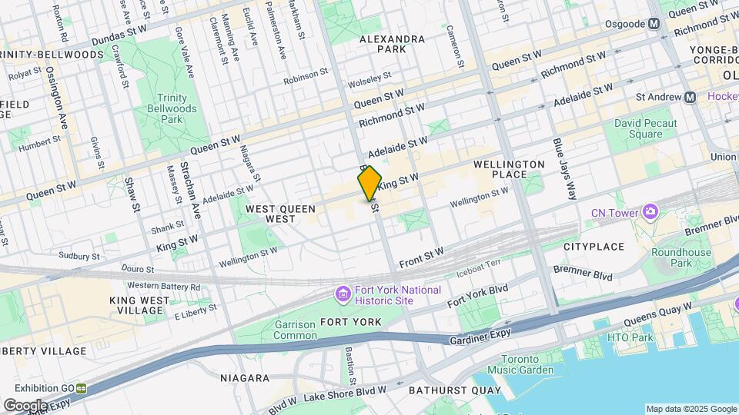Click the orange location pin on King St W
pos(369,184)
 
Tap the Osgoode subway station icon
pos(654,24)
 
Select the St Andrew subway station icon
pos(690,97)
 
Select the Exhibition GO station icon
pos(80,388)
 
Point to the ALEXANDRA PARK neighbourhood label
pos(392,44)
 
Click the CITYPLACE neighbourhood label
pos(594,247)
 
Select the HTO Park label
pos(630,337)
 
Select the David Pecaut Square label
pos(645,128)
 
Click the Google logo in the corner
pos(25,405)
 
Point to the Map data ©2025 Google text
pos(691,409)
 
